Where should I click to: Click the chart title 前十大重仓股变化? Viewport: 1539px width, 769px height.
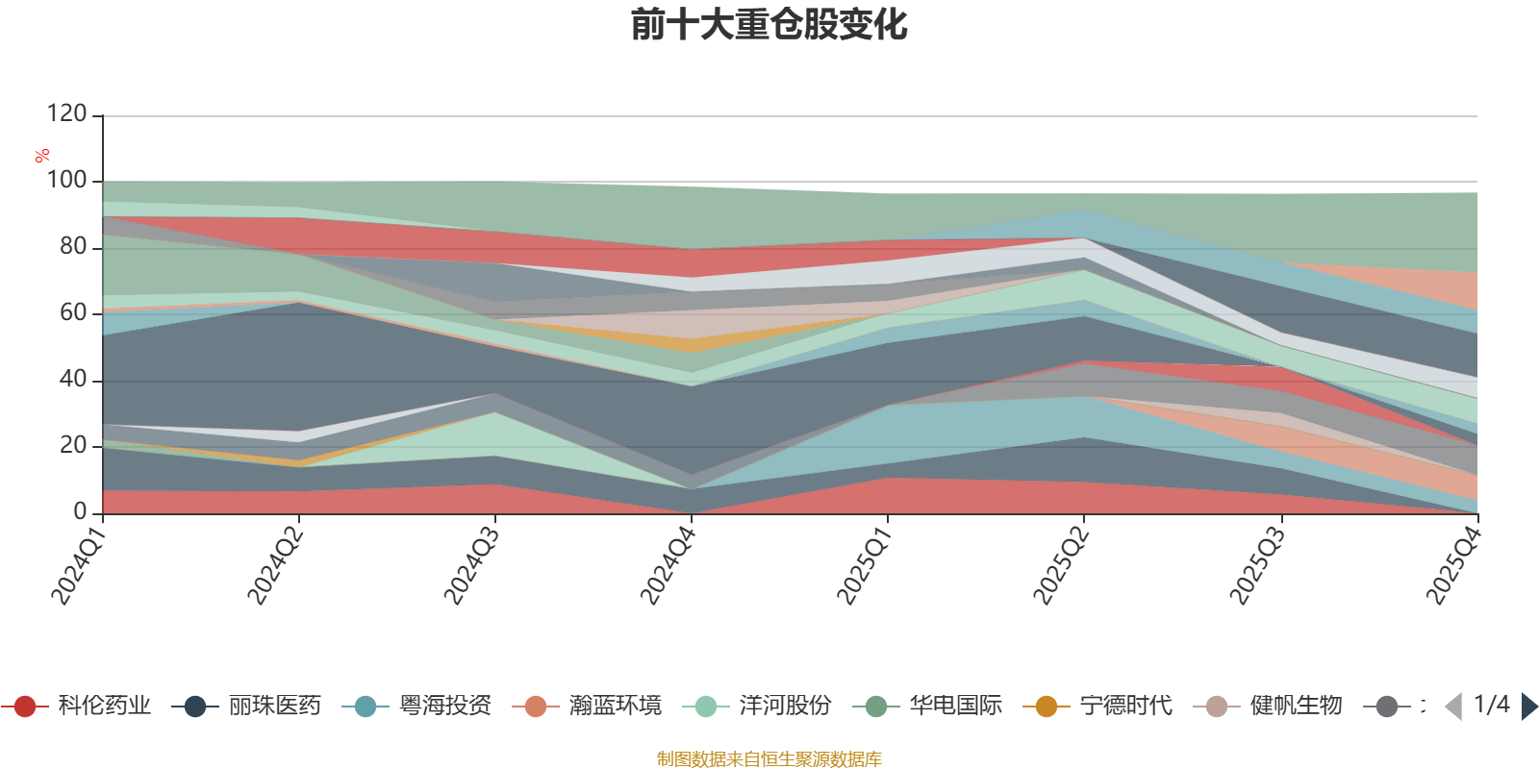tap(769, 25)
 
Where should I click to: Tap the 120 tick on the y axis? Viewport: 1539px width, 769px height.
tap(66, 113)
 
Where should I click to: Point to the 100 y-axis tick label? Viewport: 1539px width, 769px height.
tap(66, 180)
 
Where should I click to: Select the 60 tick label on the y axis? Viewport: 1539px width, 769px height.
tap(73, 313)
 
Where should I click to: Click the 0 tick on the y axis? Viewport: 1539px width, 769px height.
tap(81, 511)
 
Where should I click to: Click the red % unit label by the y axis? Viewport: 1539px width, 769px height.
tap(42, 156)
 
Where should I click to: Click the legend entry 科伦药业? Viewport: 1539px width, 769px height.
tap(76, 706)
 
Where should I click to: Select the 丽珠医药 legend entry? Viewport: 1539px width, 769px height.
tap(246, 706)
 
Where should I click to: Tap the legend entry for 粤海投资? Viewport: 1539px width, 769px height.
tap(417, 706)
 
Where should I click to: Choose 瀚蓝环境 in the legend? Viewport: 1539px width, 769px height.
tap(588, 706)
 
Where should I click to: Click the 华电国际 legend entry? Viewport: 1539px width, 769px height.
tap(928, 706)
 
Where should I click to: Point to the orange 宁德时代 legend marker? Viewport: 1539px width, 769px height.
tap(1047, 707)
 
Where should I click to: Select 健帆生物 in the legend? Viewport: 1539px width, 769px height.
tap(1269, 706)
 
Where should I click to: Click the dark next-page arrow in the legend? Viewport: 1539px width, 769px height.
tap(1528, 707)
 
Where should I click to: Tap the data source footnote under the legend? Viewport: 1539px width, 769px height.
tap(769, 758)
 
